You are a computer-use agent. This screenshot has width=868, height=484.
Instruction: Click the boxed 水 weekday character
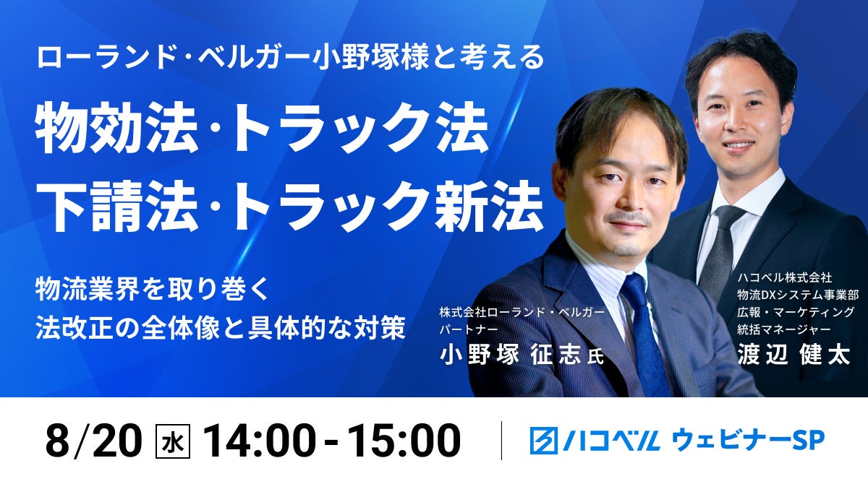pyautogui.click(x=172, y=441)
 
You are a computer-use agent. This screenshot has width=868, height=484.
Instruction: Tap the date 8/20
pyautogui.click(x=94, y=441)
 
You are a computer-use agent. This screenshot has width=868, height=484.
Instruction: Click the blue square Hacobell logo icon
pyautogui.click(x=544, y=441)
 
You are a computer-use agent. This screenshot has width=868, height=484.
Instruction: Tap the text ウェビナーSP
pyautogui.click(x=748, y=441)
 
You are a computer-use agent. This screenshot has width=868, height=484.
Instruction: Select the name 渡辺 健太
pyautogui.click(x=793, y=355)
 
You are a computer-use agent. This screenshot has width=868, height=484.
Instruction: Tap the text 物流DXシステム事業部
pyautogui.click(x=798, y=295)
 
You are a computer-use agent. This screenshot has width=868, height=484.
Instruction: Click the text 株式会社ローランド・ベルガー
pyautogui.click(x=522, y=312)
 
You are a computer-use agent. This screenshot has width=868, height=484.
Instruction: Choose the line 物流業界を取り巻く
pyautogui.click(x=152, y=290)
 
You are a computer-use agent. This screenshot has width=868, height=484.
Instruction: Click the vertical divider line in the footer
pyautogui.click(x=501, y=441)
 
